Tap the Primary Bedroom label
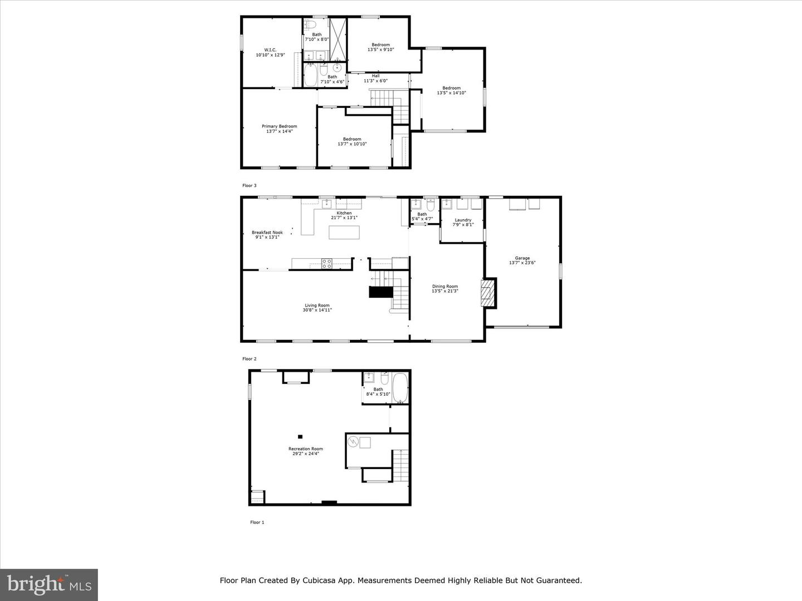[279, 126]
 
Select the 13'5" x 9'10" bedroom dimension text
[380, 50]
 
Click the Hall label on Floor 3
[375, 76]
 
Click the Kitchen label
[344, 213]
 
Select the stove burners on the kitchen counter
[327, 263]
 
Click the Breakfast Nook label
[267, 233]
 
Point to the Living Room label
[317, 306]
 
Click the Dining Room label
[444, 287]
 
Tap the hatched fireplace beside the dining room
[487, 293]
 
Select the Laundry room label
[462, 220]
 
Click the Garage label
[522, 258]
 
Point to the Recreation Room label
[305, 449]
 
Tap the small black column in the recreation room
[300, 437]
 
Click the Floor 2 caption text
[250, 359]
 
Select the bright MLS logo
[48, 584]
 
